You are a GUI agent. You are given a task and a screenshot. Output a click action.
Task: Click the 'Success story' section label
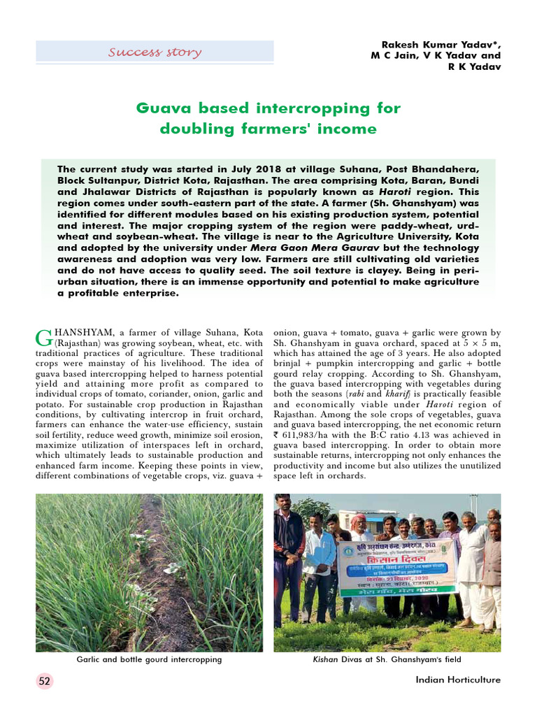155,52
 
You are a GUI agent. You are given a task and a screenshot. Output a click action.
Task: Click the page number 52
44,680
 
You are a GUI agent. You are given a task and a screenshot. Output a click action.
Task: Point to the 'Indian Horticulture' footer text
458,680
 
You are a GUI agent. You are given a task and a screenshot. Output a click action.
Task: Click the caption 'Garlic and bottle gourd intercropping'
149,659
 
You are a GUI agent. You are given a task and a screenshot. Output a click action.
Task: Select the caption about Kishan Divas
387,659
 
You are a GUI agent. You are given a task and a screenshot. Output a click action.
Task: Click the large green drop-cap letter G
43,338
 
